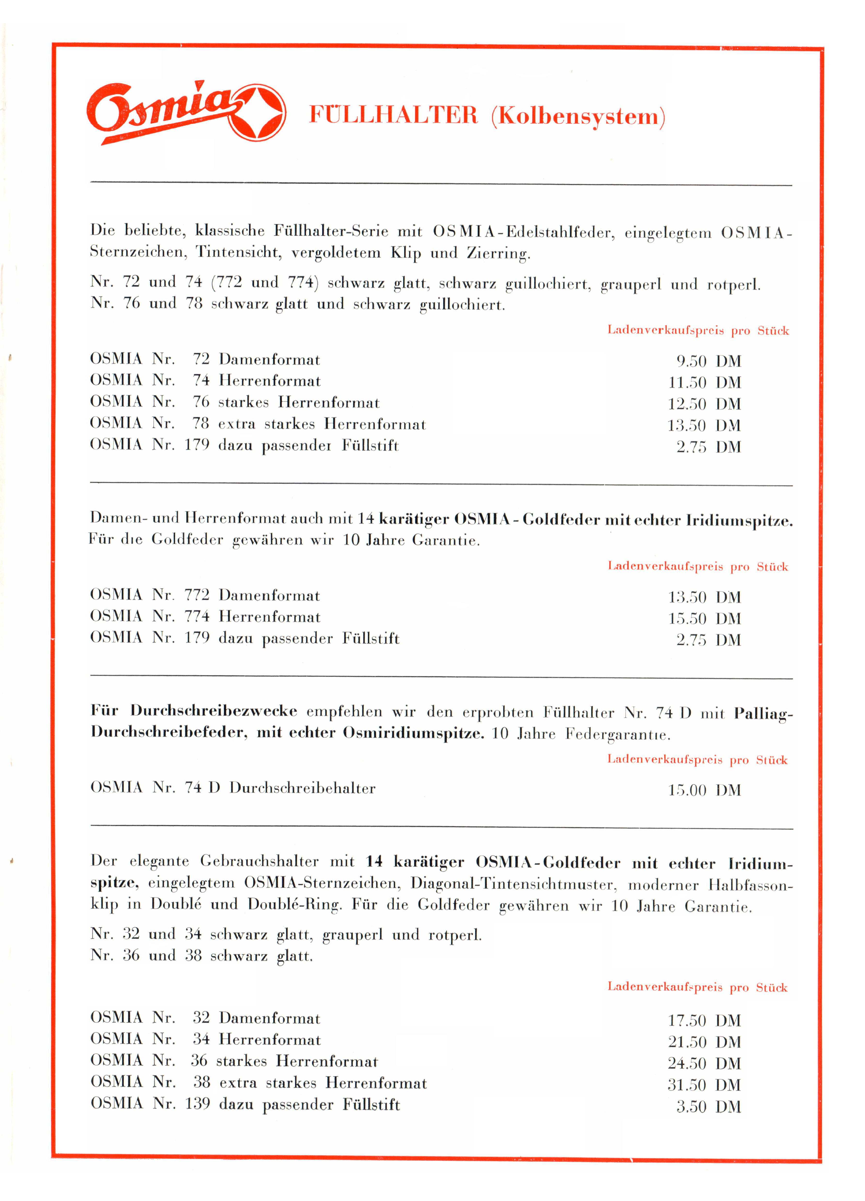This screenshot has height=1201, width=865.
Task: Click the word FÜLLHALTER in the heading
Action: coord(393,115)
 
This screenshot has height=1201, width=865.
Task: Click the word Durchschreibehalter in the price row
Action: coord(302,788)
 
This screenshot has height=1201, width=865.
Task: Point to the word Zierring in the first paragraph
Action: coord(498,253)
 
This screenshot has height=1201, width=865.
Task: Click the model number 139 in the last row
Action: coord(197,1104)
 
